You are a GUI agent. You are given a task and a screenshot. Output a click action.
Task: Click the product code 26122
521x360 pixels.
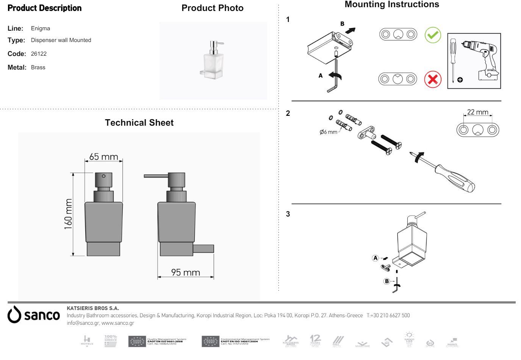[x=39, y=54]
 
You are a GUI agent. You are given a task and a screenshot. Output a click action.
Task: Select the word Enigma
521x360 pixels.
[x=41, y=28]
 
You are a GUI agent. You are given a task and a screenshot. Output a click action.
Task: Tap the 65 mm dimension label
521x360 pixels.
[x=103, y=156]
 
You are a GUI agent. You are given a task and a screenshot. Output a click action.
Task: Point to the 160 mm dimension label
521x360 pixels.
[x=68, y=214]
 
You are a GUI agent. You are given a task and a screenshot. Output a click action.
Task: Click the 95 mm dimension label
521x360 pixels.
[x=185, y=272]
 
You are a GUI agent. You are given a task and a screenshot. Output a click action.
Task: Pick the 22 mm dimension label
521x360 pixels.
[x=477, y=112]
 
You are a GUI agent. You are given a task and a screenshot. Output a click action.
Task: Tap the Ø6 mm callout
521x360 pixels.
[x=328, y=132]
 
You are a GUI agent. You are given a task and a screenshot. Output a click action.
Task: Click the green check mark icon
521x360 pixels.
[x=433, y=35]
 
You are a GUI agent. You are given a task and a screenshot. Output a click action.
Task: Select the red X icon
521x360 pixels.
[x=433, y=79]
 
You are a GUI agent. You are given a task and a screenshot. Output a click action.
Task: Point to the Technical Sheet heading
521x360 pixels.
[x=139, y=123]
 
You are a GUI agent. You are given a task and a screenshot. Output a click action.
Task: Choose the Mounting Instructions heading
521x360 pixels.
[x=392, y=5]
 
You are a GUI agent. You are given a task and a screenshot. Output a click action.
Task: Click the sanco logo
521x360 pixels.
[x=34, y=315]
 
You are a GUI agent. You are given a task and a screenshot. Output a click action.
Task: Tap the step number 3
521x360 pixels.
[x=288, y=214]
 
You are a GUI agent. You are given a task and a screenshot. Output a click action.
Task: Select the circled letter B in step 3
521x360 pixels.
[x=387, y=281]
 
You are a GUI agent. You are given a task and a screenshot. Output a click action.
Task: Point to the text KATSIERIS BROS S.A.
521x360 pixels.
[x=93, y=309]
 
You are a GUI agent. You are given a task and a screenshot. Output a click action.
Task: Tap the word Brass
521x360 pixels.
[x=38, y=67]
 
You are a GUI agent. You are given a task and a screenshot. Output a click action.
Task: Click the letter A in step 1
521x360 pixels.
[x=321, y=76]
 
